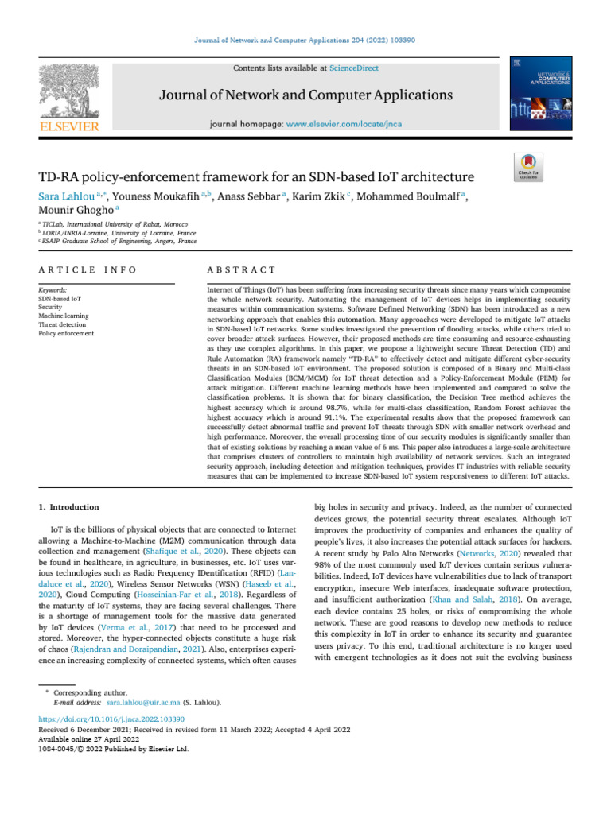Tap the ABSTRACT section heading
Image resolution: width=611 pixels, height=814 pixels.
pos(241,271)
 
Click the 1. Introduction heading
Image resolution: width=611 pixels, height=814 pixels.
pos(69,506)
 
